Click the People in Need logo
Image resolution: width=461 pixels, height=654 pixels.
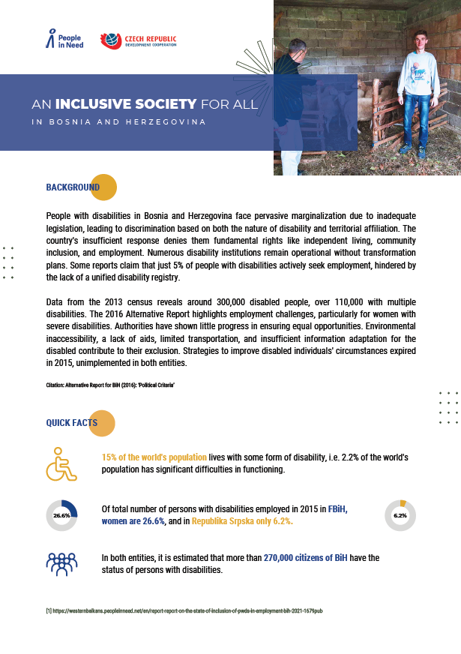point(64,39)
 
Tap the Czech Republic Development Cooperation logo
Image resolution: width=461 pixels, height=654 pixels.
point(139,40)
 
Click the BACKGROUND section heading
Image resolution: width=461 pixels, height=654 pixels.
point(73,187)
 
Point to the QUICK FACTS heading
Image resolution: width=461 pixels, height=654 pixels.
point(72,422)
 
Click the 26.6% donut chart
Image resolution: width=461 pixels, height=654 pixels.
point(61,515)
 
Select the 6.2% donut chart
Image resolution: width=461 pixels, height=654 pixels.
point(400,515)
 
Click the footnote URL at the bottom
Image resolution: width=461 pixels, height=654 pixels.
point(184,611)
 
